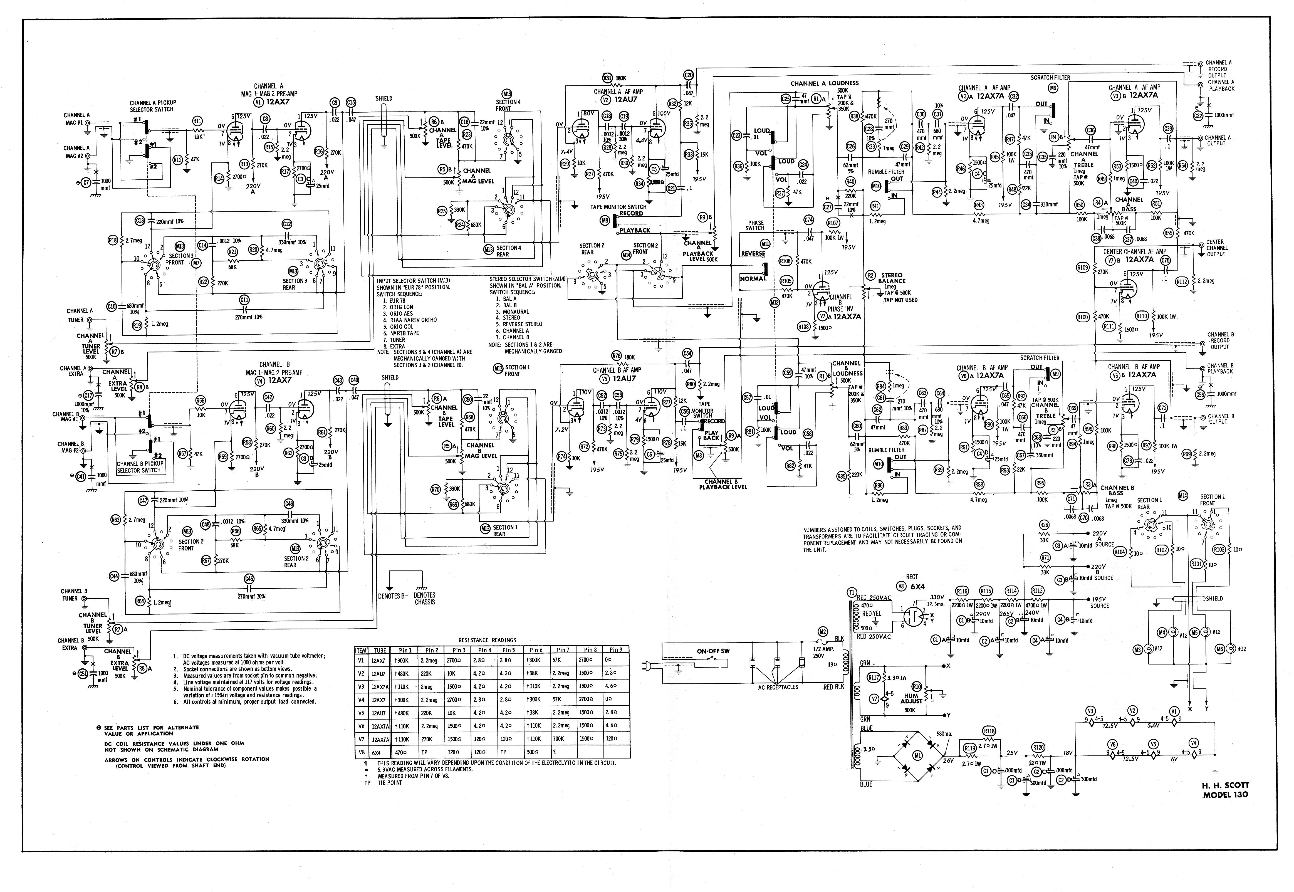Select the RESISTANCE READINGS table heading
487,640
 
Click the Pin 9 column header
615,650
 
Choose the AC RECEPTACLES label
778,687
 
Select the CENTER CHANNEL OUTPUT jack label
1217,248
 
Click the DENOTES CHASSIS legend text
425,599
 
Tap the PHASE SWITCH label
755,225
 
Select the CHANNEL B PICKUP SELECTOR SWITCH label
139,467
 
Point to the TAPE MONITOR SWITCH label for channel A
618,207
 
